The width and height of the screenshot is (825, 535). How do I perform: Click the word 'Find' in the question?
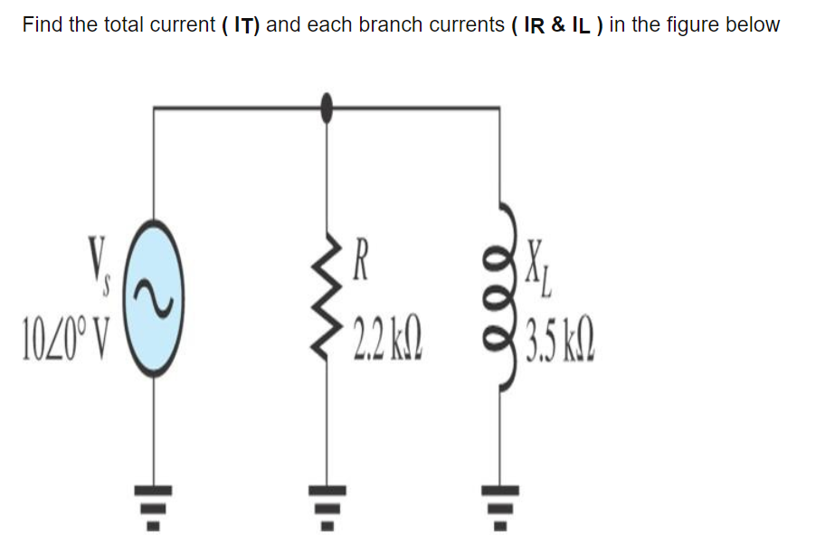click(43, 25)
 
